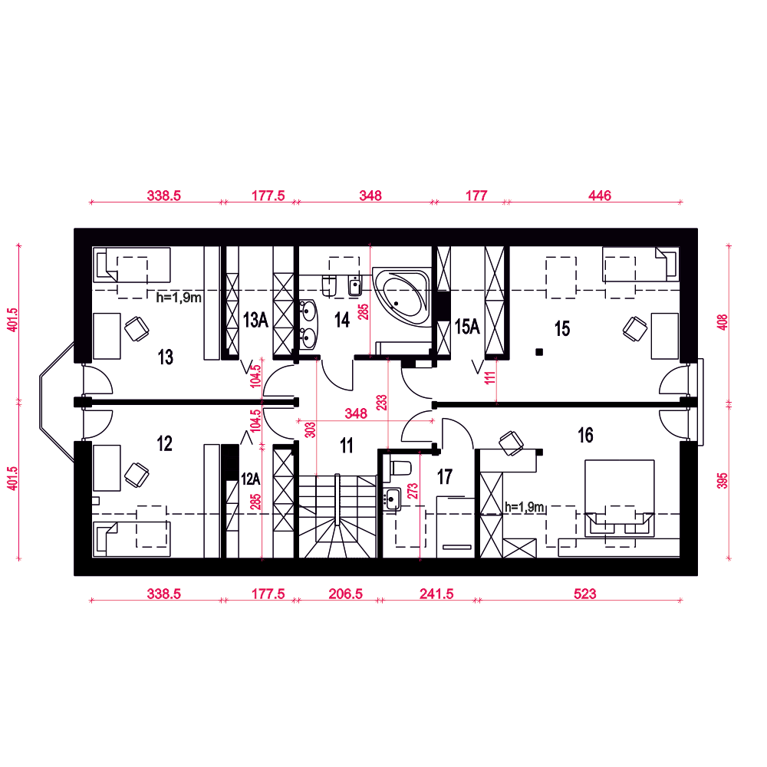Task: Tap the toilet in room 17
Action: point(397,469)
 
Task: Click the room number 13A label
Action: point(256,320)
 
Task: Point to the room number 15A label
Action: point(467,327)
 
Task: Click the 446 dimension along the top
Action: point(600,195)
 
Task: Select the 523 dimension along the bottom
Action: point(585,594)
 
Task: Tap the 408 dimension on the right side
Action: point(723,322)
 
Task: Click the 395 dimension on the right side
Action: point(723,480)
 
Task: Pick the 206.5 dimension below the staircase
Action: point(346,594)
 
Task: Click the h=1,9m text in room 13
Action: point(179,298)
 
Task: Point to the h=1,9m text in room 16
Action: point(525,507)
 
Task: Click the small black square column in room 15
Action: point(539,352)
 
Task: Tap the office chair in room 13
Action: point(137,329)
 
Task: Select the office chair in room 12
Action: point(137,475)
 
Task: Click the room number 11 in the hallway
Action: point(347,446)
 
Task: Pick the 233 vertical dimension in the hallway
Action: point(381,402)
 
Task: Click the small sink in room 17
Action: point(392,499)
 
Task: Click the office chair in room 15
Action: point(635,329)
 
